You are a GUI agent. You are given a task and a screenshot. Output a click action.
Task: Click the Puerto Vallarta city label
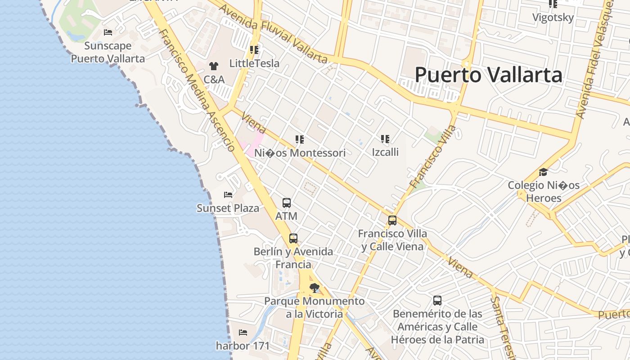coord(488,75)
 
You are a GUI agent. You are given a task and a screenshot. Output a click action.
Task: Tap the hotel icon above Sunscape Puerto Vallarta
coord(108,32)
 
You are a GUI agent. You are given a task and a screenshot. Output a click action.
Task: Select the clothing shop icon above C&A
coord(214,66)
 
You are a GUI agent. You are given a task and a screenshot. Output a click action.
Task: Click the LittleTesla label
coord(254,63)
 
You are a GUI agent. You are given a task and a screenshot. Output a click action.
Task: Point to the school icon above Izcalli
coord(385,139)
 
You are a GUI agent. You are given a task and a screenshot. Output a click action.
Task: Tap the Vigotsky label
coord(553,18)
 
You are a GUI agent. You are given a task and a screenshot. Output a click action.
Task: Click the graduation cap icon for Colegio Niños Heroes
coord(544,172)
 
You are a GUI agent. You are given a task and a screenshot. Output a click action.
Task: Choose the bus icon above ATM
coord(287,203)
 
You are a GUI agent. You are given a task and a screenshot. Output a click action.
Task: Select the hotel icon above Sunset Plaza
coord(228,195)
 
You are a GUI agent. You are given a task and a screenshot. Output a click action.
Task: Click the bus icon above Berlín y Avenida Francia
coord(293,238)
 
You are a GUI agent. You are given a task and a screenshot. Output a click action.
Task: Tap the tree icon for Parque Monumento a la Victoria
coord(315,288)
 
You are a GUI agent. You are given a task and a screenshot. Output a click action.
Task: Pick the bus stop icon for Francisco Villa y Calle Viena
coord(392,220)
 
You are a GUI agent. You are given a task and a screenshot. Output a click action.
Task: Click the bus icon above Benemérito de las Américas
coord(437,301)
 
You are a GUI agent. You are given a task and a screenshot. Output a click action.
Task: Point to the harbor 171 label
coord(243,346)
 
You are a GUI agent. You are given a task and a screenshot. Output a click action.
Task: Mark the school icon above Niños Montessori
coord(300,139)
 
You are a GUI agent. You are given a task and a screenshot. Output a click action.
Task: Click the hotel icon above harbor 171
coord(243,333)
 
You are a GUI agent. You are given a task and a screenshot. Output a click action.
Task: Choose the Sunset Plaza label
coord(228,208)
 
